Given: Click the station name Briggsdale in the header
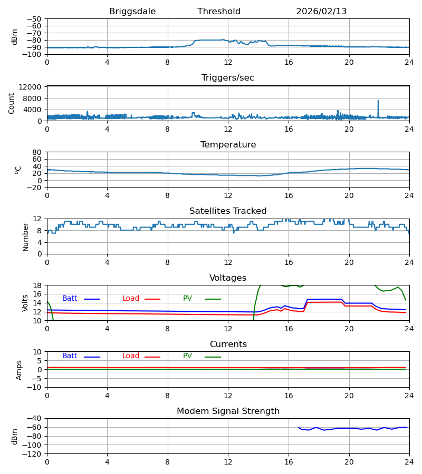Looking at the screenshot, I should point(132,12).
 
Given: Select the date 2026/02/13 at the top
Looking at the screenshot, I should point(321,12).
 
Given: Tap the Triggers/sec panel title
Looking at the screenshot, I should point(228,78).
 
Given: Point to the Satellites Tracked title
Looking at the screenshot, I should point(228,211).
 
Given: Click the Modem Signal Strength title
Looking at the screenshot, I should point(228,411).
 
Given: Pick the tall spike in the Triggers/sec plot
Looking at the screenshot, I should point(378,101).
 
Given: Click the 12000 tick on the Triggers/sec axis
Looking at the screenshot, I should point(34,87).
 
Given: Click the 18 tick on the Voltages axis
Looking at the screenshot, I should point(37,285).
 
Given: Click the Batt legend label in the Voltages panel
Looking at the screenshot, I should point(70,299).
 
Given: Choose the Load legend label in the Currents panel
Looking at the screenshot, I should point(131,356).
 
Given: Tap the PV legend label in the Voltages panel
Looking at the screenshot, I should point(187,299).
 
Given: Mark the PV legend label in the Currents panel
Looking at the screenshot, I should point(187,356).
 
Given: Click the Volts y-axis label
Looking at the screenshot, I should point(25,303).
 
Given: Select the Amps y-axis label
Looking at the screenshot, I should point(19,370).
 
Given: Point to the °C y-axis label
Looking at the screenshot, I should point(18,170).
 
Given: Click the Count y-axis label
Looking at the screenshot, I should point(12,103).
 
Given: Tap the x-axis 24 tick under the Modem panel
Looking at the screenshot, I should point(409,462).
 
